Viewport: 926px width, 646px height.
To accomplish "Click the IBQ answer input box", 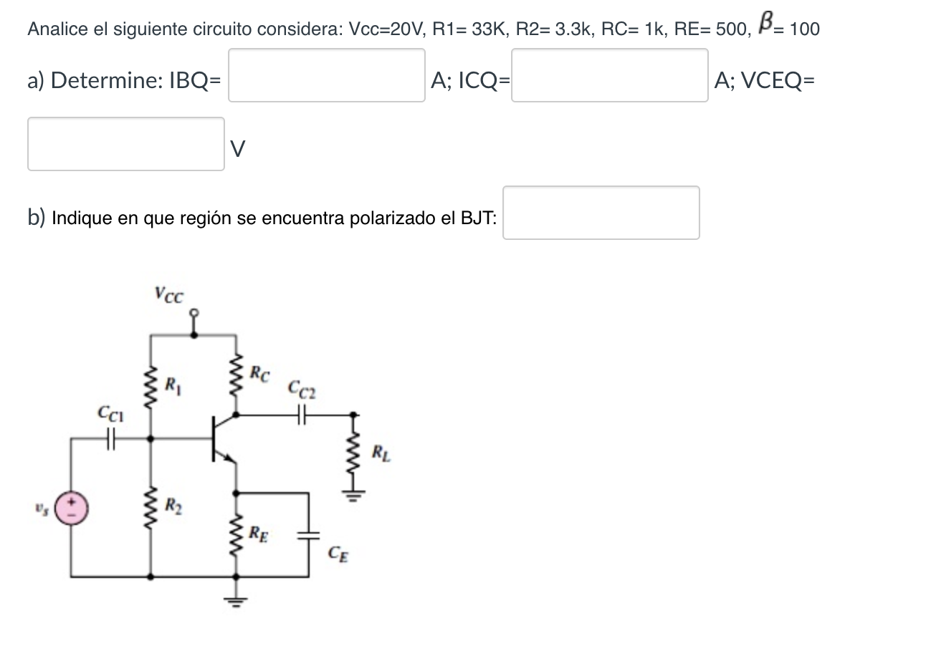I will click(x=326, y=75).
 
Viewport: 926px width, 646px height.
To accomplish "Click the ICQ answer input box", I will click(x=609, y=75).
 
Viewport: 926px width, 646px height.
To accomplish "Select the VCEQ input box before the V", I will click(x=126, y=144).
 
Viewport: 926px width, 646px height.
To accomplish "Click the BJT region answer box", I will click(x=601, y=213).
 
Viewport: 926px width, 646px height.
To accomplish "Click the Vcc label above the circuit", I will click(x=168, y=294).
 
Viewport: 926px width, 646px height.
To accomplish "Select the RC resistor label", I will click(x=260, y=373).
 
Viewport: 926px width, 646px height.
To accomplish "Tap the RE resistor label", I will click(x=259, y=533).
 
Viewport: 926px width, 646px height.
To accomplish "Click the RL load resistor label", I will click(x=382, y=452).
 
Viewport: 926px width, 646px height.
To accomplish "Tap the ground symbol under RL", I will click(x=353, y=495).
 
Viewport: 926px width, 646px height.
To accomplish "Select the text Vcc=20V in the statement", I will click(x=387, y=29).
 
